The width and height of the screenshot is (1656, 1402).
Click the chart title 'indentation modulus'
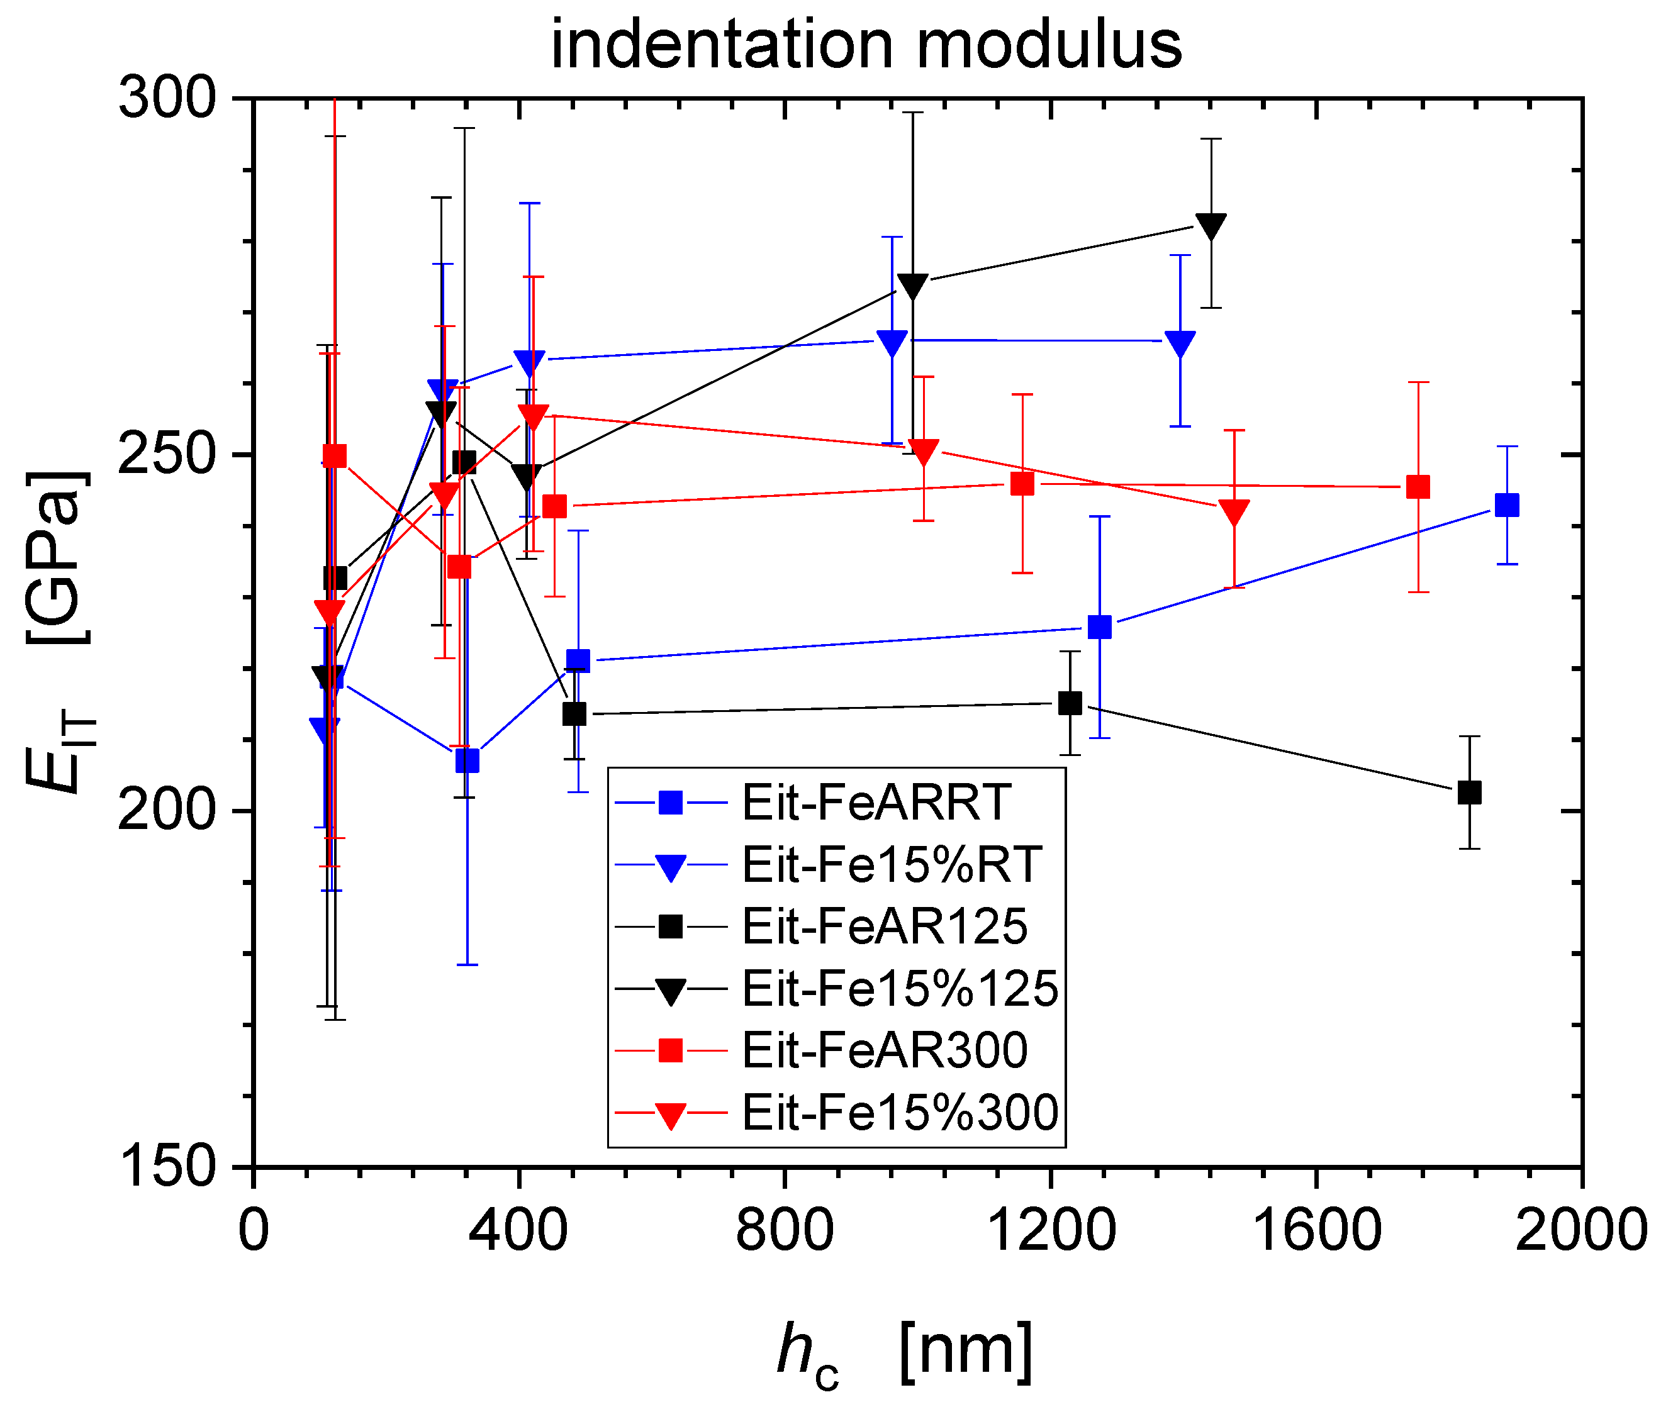[866, 45]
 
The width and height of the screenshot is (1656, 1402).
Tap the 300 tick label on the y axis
[167, 99]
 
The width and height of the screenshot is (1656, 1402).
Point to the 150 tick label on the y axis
[167, 1166]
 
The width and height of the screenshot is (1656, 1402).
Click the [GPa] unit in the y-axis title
[57, 557]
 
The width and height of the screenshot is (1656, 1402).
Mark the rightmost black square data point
[1469, 793]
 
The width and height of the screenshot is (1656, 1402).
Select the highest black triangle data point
[1211, 225]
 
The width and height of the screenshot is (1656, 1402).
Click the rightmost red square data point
[1418, 486]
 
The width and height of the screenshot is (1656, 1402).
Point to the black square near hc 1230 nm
[1070, 703]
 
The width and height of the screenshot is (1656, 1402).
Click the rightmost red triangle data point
[1234, 511]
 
